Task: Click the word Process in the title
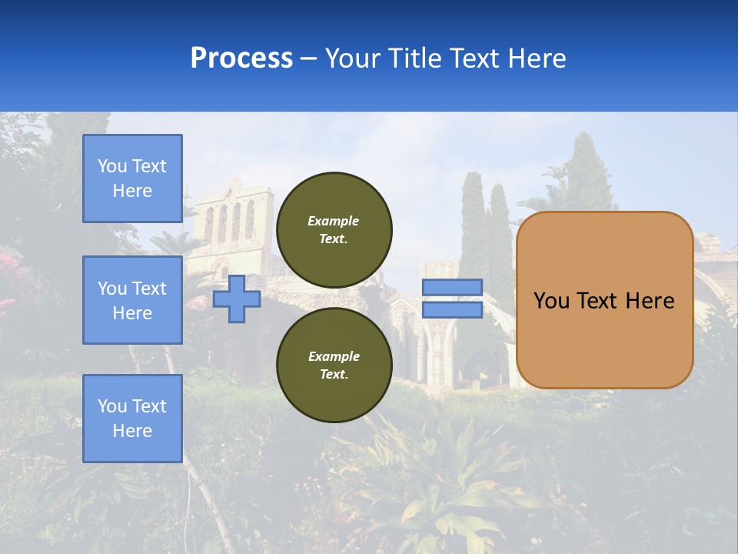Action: [241, 58]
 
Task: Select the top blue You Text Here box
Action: [132, 179]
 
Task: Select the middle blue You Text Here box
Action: [132, 300]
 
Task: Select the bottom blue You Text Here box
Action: [132, 419]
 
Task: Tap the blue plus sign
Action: [237, 299]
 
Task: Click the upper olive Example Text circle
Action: [334, 230]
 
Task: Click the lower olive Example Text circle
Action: [334, 365]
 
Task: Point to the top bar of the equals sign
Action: [453, 287]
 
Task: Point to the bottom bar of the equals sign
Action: [453, 310]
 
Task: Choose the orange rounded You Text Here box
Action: [604, 300]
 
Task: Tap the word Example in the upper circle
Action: [334, 221]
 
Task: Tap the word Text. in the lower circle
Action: [334, 375]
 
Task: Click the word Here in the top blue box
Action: [132, 191]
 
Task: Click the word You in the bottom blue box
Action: [111, 405]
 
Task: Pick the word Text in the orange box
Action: [598, 300]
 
